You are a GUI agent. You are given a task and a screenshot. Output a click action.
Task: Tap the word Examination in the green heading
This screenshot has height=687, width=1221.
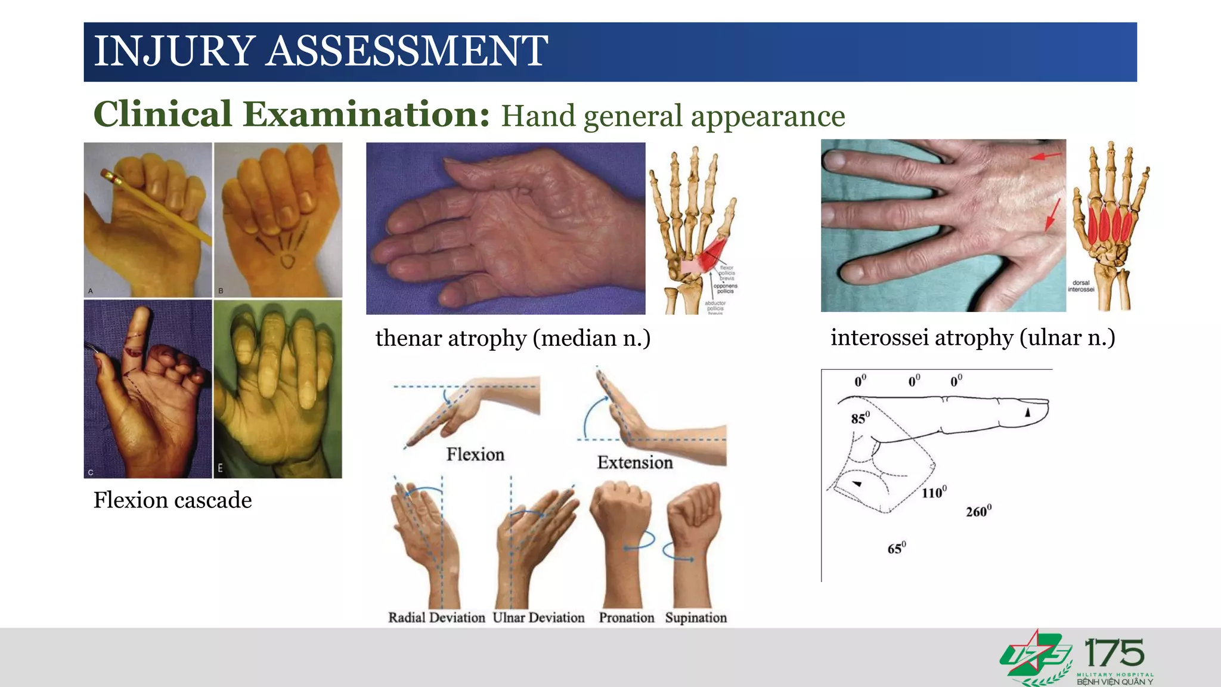point(366,114)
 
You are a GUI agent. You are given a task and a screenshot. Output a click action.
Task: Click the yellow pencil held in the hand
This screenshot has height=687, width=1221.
point(158,206)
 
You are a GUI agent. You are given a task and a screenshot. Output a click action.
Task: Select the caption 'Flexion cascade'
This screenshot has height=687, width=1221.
point(172,500)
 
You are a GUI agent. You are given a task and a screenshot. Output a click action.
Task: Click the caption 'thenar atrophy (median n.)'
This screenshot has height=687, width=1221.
point(513,338)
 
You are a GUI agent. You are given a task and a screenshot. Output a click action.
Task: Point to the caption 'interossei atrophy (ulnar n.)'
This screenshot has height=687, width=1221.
point(972,338)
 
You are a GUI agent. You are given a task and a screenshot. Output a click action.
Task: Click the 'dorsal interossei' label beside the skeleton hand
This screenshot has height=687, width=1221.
point(1080,286)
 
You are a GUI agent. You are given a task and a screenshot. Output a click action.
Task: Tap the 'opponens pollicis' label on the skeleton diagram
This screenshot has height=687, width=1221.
point(725,289)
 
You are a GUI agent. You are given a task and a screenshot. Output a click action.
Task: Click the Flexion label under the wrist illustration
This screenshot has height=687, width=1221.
point(475,454)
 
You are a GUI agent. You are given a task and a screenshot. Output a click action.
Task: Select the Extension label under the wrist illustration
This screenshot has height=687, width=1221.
point(635,462)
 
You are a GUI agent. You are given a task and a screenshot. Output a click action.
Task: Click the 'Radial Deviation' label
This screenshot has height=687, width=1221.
point(436,618)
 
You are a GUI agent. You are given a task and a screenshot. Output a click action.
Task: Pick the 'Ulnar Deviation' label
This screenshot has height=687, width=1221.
point(538,618)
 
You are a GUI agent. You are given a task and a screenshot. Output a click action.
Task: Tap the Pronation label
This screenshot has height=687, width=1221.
point(626,618)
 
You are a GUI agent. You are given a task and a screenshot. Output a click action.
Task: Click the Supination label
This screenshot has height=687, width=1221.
point(696,618)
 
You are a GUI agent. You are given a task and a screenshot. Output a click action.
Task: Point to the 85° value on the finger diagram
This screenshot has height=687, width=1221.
point(860,418)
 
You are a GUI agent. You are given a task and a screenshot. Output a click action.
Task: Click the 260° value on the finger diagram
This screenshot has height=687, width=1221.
point(978,512)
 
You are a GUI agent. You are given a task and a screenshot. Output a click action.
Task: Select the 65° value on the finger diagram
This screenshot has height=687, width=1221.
point(896,548)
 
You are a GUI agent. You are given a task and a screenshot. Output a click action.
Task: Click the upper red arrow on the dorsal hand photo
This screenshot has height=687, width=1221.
point(1046,156)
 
